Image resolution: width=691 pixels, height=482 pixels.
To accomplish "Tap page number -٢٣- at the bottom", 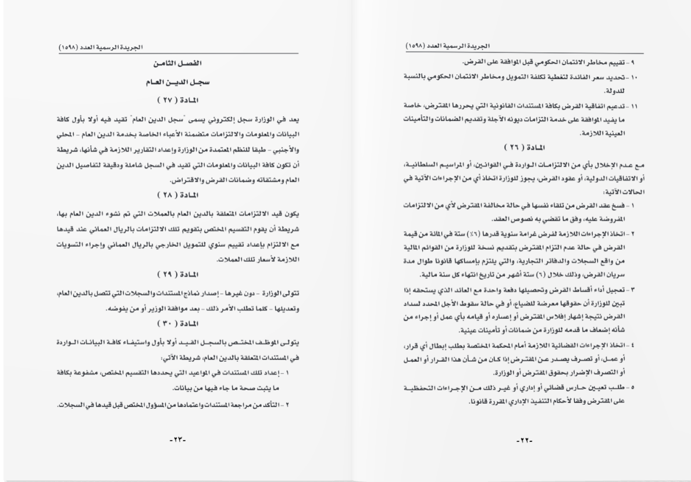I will (x=177, y=441).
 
